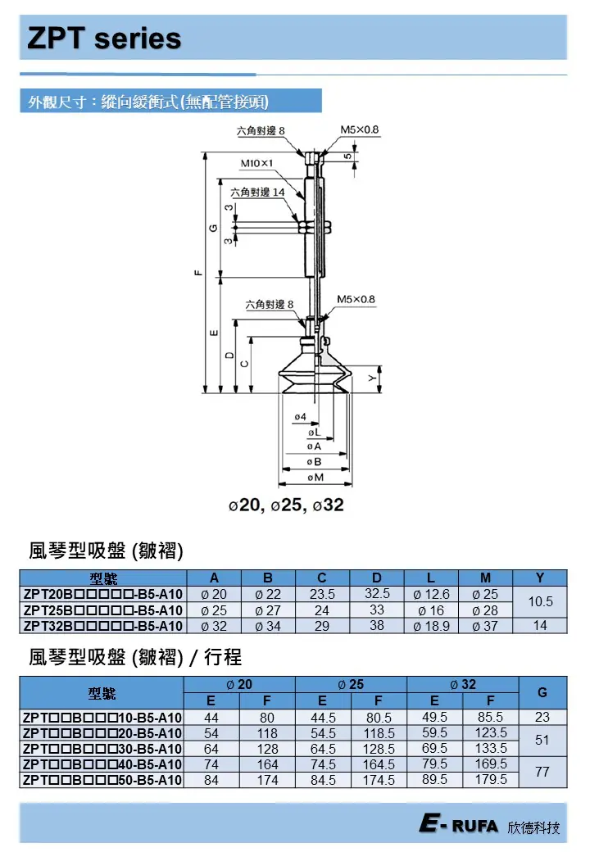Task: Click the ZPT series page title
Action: pyautogui.click(x=104, y=39)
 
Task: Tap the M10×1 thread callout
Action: pyautogui.click(x=256, y=163)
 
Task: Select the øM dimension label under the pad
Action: pyautogui.click(x=315, y=476)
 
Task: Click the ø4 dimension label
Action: pyautogui.click(x=299, y=417)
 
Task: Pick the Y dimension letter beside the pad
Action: pyautogui.click(x=371, y=378)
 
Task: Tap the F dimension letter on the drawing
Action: pyautogui.click(x=196, y=274)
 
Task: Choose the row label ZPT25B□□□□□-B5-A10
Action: pyautogui.click(x=103, y=610)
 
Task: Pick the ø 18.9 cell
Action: pyautogui.click(x=432, y=626)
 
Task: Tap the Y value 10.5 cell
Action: pyautogui.click(x=540, y=602)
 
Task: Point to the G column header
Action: pyautogui.click(x=542, y=692)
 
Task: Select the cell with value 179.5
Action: pyautogui.click(x=490, y=779)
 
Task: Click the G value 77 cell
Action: pyautogui.click(x=542, y=772)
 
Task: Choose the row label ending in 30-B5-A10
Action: pyautogui.click(x=103, y=749)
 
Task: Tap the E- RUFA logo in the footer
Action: pyautogui.click(x=458, y=826)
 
